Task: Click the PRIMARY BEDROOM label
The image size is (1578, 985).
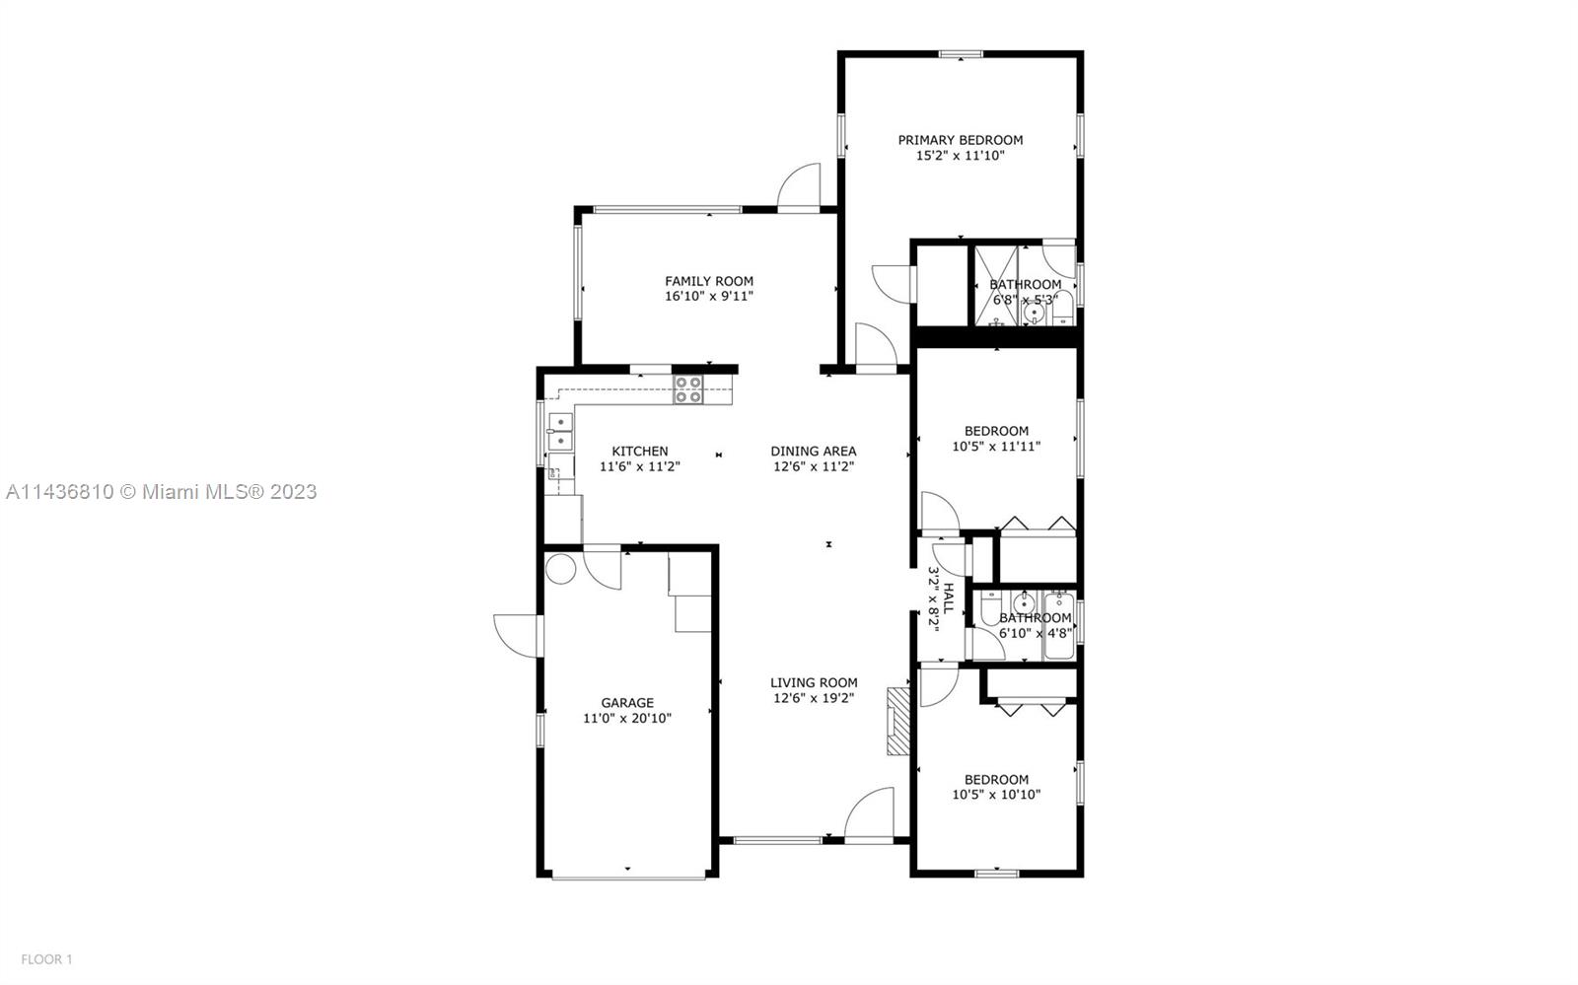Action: click(x=961, y=140)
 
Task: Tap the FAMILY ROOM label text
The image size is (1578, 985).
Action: click(x=709, y=281)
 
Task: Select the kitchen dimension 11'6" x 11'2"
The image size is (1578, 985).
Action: click(x=640, y=466)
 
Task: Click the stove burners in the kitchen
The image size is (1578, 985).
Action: click(x=688, y=390)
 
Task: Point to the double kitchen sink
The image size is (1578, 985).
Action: click(x=561, y=432)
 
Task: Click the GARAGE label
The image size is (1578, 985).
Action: click(x=627, y=703)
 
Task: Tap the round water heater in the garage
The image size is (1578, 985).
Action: click(x=561, y=569)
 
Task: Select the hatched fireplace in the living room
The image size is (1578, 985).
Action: click(x=897, y=722)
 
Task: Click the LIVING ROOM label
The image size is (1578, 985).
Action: click(x=814, y=682)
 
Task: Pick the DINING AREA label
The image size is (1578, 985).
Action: click(x=814, y=452)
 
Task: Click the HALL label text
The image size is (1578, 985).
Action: click(x=949, y=598)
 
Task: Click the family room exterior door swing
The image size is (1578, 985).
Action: click(x=799, y=186)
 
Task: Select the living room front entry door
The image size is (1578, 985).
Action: click(x=869, y=813)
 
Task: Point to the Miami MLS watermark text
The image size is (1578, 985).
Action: click(x=162, y=491)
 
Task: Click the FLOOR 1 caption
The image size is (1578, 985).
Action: click(x=46, y=959)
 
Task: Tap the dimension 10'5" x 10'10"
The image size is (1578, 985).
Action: click(x=996, y=795)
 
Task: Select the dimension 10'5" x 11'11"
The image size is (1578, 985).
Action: click(x=996, y=447)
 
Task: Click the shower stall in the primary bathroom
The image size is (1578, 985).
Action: click(x=995, y=286)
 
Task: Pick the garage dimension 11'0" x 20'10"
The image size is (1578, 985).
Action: click(x=627, y=719)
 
